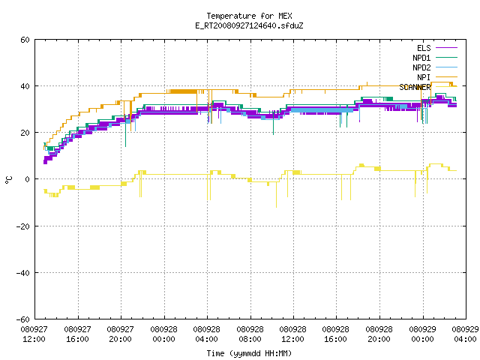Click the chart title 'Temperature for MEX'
tap(249, 16)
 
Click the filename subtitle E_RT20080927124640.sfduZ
tap(249, 25)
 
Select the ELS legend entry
tap(437, 48)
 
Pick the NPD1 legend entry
tap(435, 58)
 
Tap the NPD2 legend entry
tap(435, 67)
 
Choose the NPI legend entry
tap(437, 77)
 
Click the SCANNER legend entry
tap(428, 87)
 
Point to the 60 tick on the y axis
tap(25, 40)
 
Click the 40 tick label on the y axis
tap(25, 86)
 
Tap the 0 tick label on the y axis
tap(28, 179)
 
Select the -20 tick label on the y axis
tap(23, 226)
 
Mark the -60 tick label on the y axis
tap(23, 319)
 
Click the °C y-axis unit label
tap(8, 180)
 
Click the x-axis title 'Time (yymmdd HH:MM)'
tap(249, 353)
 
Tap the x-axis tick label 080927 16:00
tap(77, 334)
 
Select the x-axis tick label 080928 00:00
tap(163, 334)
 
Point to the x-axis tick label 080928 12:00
tap(293, 334)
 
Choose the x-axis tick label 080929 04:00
tap(465, 334)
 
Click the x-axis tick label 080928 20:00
tap(379, 334)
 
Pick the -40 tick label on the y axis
tap(23, 273)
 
